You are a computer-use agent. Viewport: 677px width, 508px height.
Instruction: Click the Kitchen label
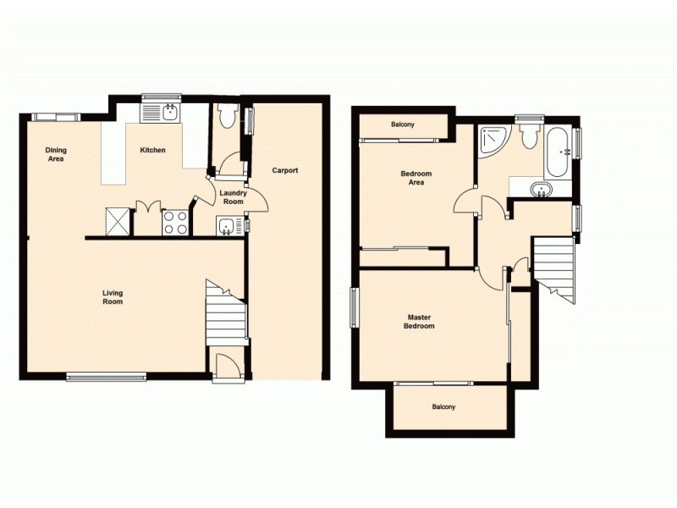[x=152, y=150]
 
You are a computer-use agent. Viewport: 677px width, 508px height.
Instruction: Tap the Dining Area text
[x=56, y=154]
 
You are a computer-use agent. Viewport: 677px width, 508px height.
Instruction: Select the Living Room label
[x=113, y=297]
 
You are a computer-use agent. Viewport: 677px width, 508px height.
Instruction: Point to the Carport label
[x=284, y=170]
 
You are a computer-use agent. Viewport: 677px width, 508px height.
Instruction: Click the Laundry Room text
[x=232, y=197]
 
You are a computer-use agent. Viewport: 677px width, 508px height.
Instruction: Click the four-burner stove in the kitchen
[x=175, y=222]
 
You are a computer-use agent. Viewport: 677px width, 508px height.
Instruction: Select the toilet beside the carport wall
[x=225, y=116]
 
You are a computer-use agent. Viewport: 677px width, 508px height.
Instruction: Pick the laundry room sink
[x=227, y=225]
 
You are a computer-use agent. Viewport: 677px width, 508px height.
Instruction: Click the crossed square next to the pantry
[x=118, y=221]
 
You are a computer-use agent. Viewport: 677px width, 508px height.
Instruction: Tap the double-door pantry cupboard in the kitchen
[x=147, y=218]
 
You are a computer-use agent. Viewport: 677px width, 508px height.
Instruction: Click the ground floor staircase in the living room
[x=226, y=313]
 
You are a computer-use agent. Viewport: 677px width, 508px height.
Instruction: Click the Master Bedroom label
[x=418, y=322]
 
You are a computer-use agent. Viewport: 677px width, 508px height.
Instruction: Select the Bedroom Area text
[x=416, y=178]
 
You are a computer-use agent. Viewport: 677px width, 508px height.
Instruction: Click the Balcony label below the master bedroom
[x=443, y=407]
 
